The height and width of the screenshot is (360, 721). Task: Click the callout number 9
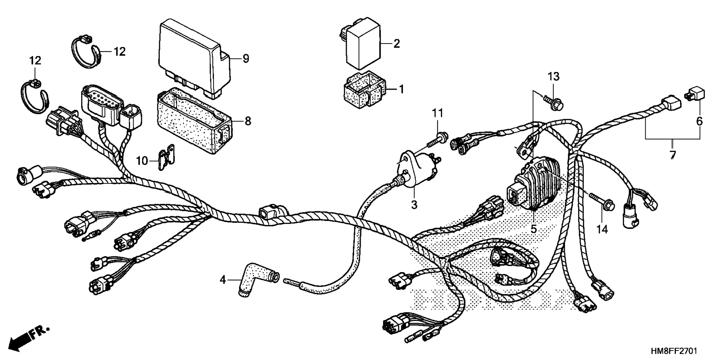pos(245,59)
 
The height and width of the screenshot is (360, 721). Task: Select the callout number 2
pos(396,44)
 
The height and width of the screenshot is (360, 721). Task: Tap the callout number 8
pos(248,121)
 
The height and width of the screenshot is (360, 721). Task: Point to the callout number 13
pos(553,77)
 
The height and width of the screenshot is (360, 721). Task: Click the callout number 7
pos(672,155)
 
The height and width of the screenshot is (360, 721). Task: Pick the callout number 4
pos(223,279)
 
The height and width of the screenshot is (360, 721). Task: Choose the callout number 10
pos(142,161)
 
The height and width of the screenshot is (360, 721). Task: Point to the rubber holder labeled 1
pos(363,90)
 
